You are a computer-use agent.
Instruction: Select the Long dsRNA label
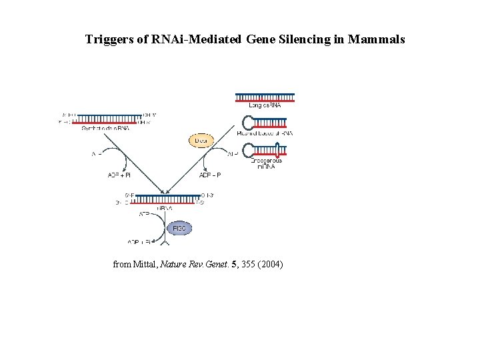coord(265,105)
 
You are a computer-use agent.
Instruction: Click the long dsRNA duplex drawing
coord(265,97)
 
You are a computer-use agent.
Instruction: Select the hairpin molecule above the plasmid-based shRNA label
coord(266,123)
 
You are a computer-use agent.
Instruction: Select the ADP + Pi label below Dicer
coord(210,175)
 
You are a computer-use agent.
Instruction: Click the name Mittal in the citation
coord(146,265)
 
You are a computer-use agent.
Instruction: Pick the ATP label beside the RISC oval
coord(144,215)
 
